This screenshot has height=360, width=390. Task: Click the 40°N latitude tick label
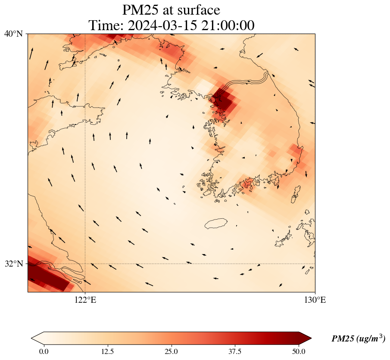click(14, 34)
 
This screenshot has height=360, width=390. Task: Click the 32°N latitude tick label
click(14, 264)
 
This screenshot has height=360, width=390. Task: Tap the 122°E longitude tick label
click(85, 300)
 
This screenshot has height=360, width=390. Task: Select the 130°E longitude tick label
click(315, 300)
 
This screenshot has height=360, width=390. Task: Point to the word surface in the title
click(199, 9)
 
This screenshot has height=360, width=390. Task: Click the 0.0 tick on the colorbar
click(44, 351)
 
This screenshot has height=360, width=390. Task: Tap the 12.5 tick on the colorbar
click(107, 351)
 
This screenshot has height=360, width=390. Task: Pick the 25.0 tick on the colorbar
click(171, 351)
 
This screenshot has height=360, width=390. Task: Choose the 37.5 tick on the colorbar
click(235, 351)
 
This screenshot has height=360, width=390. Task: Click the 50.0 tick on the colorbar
click(299, 351)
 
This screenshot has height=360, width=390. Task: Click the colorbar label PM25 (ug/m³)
click(358, 339)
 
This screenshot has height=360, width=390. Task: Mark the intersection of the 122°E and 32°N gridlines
click(85, 264)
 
